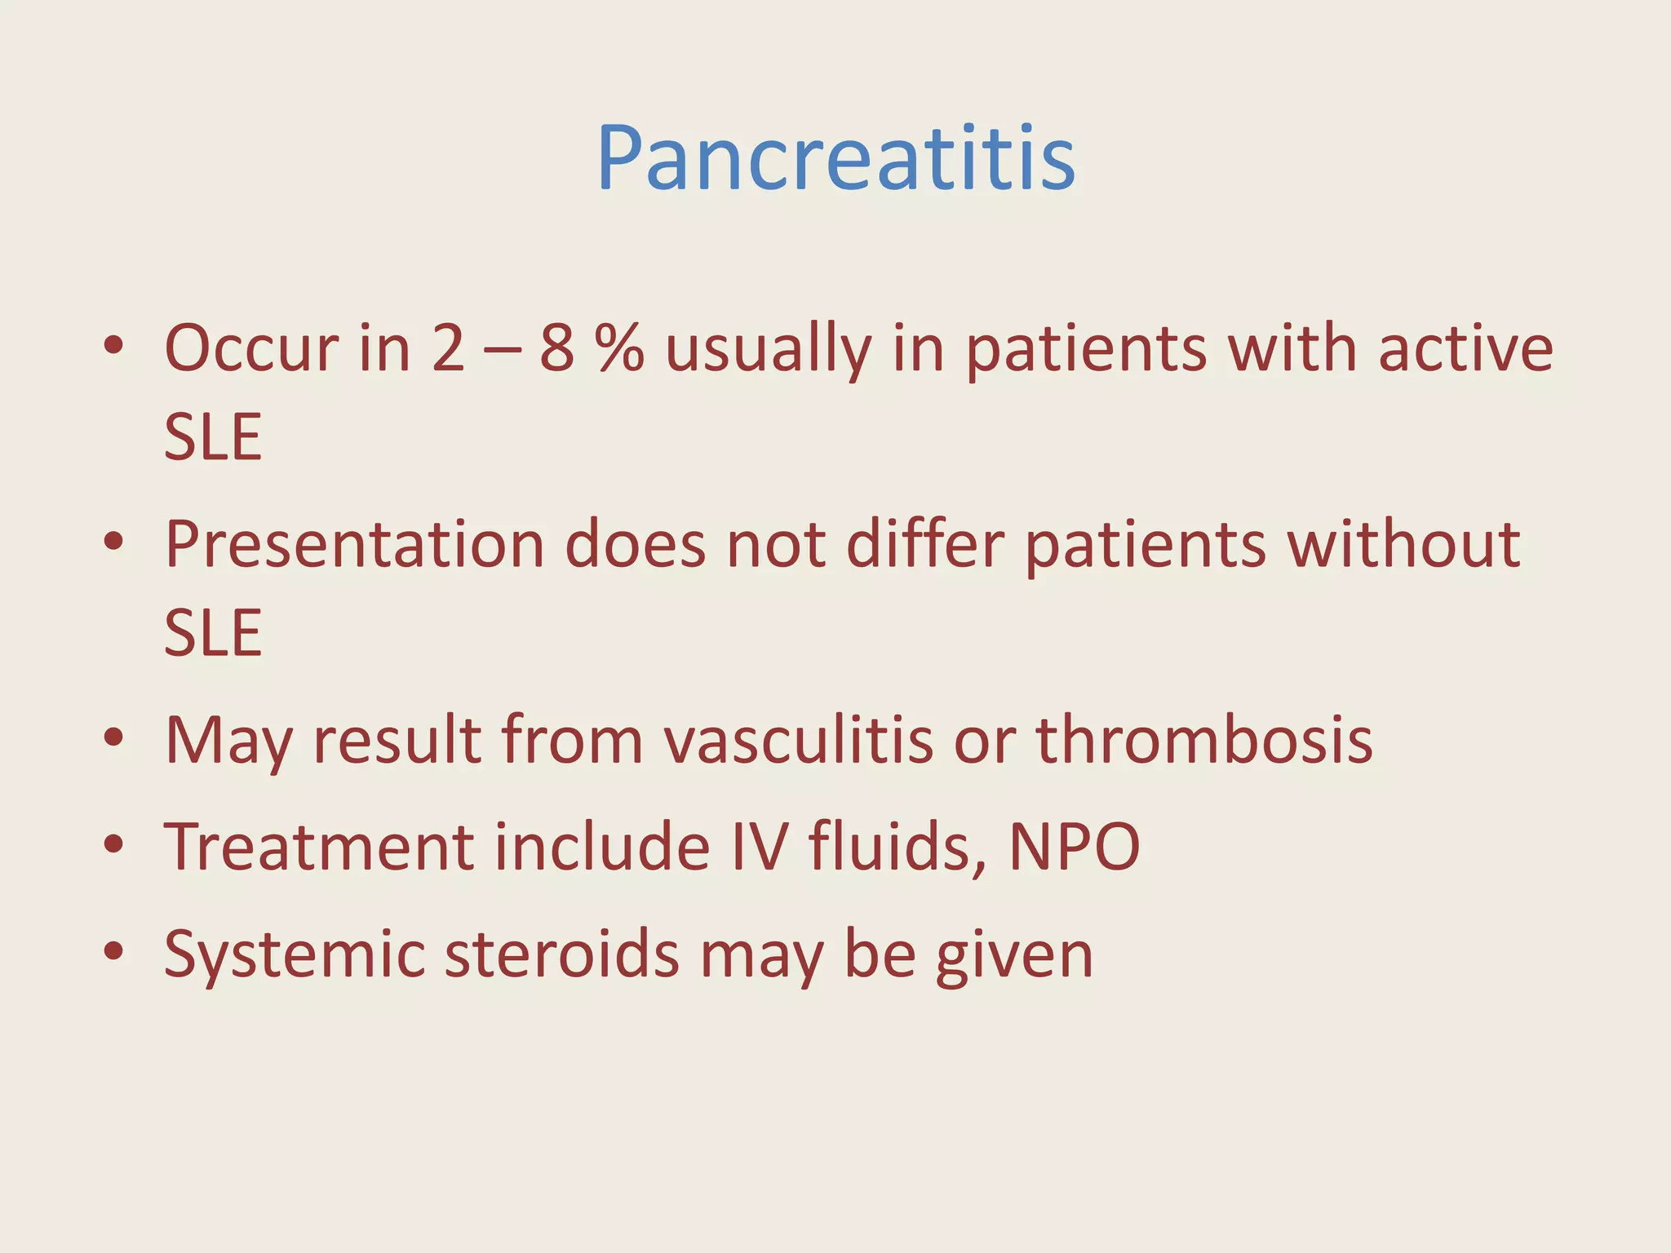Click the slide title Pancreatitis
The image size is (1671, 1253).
click(835, 158)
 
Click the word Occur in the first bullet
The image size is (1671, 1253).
click(251, 349)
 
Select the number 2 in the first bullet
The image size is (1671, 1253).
click(448, 349)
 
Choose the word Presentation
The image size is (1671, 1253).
click(354, 545)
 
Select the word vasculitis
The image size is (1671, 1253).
click(798, 741)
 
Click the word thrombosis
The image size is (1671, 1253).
click(1204, 741)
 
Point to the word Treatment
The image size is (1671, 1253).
click(318, 848)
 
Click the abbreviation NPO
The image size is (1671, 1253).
click(1075, 848)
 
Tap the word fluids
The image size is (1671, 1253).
click(898, 848)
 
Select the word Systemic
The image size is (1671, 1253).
click(294, 956)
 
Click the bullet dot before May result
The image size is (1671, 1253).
click(113, 738)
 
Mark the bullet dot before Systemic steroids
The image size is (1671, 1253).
click(113, 951)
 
